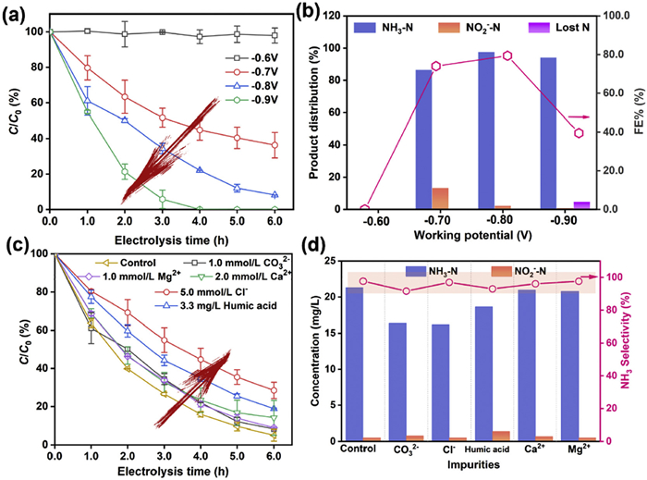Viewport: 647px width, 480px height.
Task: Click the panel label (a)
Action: [x=16, y=12]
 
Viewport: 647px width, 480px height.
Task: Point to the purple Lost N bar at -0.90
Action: [x=580, y=204]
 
